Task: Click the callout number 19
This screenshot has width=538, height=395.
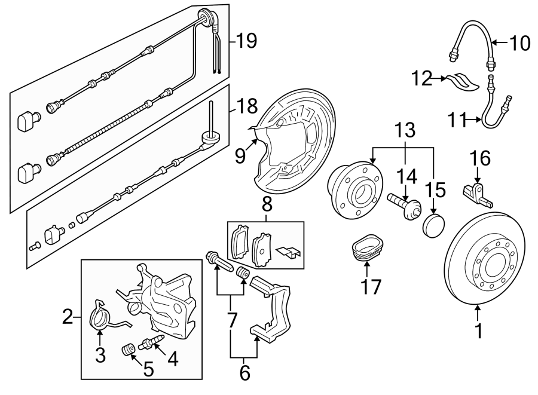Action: [245, 41]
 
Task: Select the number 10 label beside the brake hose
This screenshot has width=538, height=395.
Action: [519, 43]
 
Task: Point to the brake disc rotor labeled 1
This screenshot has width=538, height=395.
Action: [485, 262]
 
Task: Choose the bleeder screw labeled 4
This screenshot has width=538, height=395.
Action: [151, 344]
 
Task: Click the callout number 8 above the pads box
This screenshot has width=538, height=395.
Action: [267, 204]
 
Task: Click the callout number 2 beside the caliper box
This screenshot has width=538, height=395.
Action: [68, 317]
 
